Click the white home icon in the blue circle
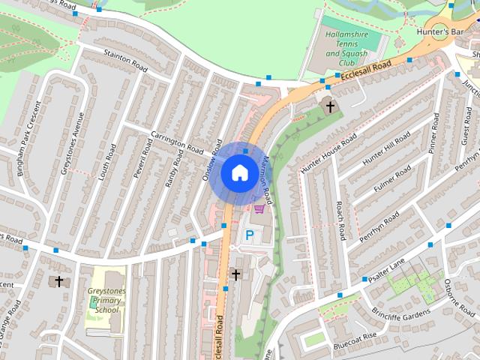[x=238, y=172]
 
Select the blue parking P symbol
[x=250, y=235]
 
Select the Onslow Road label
[x=211, y=154]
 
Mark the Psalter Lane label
[x=386, y=268]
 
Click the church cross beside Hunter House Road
[x=329, y=106]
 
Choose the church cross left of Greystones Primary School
[x=58, y=281]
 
